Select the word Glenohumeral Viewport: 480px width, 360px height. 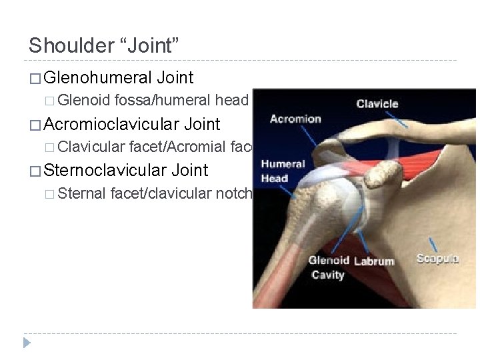click(97, 78)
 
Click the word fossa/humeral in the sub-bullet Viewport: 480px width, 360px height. click(163, 101)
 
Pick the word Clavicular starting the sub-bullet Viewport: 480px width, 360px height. click(91, 147)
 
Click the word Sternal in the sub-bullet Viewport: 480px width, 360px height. click(83, 193)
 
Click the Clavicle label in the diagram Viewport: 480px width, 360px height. click(377, 103)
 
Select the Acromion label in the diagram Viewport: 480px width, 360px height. click(295, 119)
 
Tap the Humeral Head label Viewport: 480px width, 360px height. click(283, 171)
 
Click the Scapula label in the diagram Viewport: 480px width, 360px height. click(437, 259)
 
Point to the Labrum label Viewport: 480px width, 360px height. click(374, 261)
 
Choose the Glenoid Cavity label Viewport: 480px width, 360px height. click(329, 267)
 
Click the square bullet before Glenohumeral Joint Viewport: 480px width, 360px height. click(35, 79)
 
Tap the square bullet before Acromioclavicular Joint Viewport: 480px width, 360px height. click(35, 125)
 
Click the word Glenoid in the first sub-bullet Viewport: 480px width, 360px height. click(84, 101)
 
